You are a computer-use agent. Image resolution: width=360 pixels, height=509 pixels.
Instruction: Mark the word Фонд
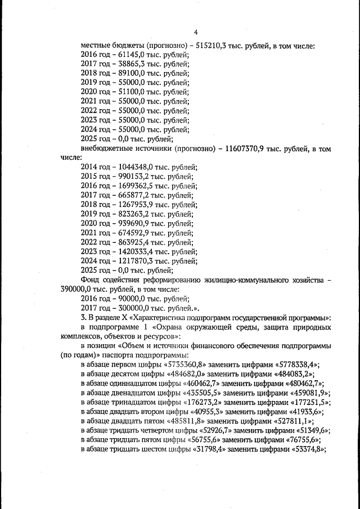tap(91, 279)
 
